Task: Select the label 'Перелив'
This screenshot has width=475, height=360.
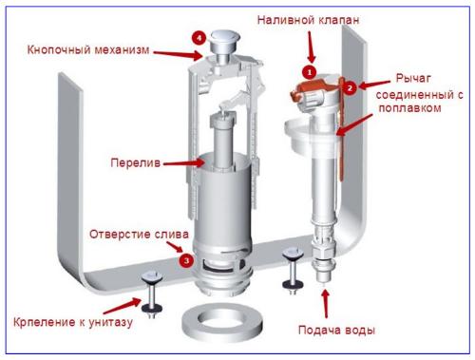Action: point(130,162)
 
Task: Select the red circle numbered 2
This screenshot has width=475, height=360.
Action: point(349,87)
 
